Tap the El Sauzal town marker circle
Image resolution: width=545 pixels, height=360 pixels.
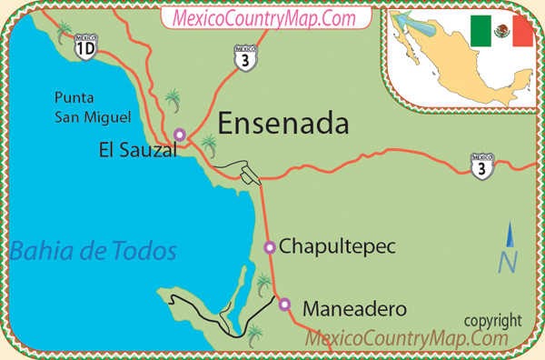[180, 135]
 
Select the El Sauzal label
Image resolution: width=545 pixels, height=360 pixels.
[137, 152]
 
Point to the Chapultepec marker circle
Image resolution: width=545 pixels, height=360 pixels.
[269, 246]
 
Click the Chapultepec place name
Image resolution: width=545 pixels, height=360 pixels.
[338, 246]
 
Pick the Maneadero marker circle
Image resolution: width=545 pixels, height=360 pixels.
[284, 305]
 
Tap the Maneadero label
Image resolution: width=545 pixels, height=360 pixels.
[353, 307]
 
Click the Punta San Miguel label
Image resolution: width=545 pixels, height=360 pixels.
[93, 105]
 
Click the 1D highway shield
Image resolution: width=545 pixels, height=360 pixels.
[84, 47]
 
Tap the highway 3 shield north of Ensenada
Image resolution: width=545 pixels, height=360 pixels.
[244, 56]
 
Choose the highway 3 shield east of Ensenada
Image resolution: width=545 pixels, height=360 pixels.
[482, 166]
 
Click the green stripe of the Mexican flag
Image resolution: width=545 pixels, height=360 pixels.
[480, 32]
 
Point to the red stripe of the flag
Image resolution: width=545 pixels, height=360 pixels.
[521, 32]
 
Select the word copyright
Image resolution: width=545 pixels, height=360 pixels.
[492, 320]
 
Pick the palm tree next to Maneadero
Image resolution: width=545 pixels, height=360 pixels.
[263, 285]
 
